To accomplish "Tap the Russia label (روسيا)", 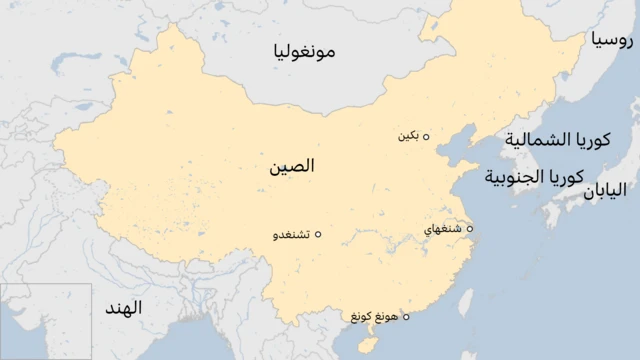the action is pyautogui.click(x=610, y=41).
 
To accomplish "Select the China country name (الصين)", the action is pyautogui.click(x=291, y=166).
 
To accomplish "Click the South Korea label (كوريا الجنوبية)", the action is pyautogui.click(x=534, y=178).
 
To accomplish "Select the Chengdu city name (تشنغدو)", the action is pyautogui.click(x=291, y=235).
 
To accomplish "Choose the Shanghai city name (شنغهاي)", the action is pyautogui.click(x=443, y=229).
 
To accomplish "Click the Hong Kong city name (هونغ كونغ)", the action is pyautogui.click(x=374, y=316).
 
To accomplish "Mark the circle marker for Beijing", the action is pyautogui.click(x=426, y=137).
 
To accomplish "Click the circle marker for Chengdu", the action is pyautogui.click(x=318, y=235).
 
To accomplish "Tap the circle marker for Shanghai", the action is pyautogui.click(x=469, y=229).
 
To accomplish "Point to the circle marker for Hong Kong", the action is pyautogui.click(x=405, y=316).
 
